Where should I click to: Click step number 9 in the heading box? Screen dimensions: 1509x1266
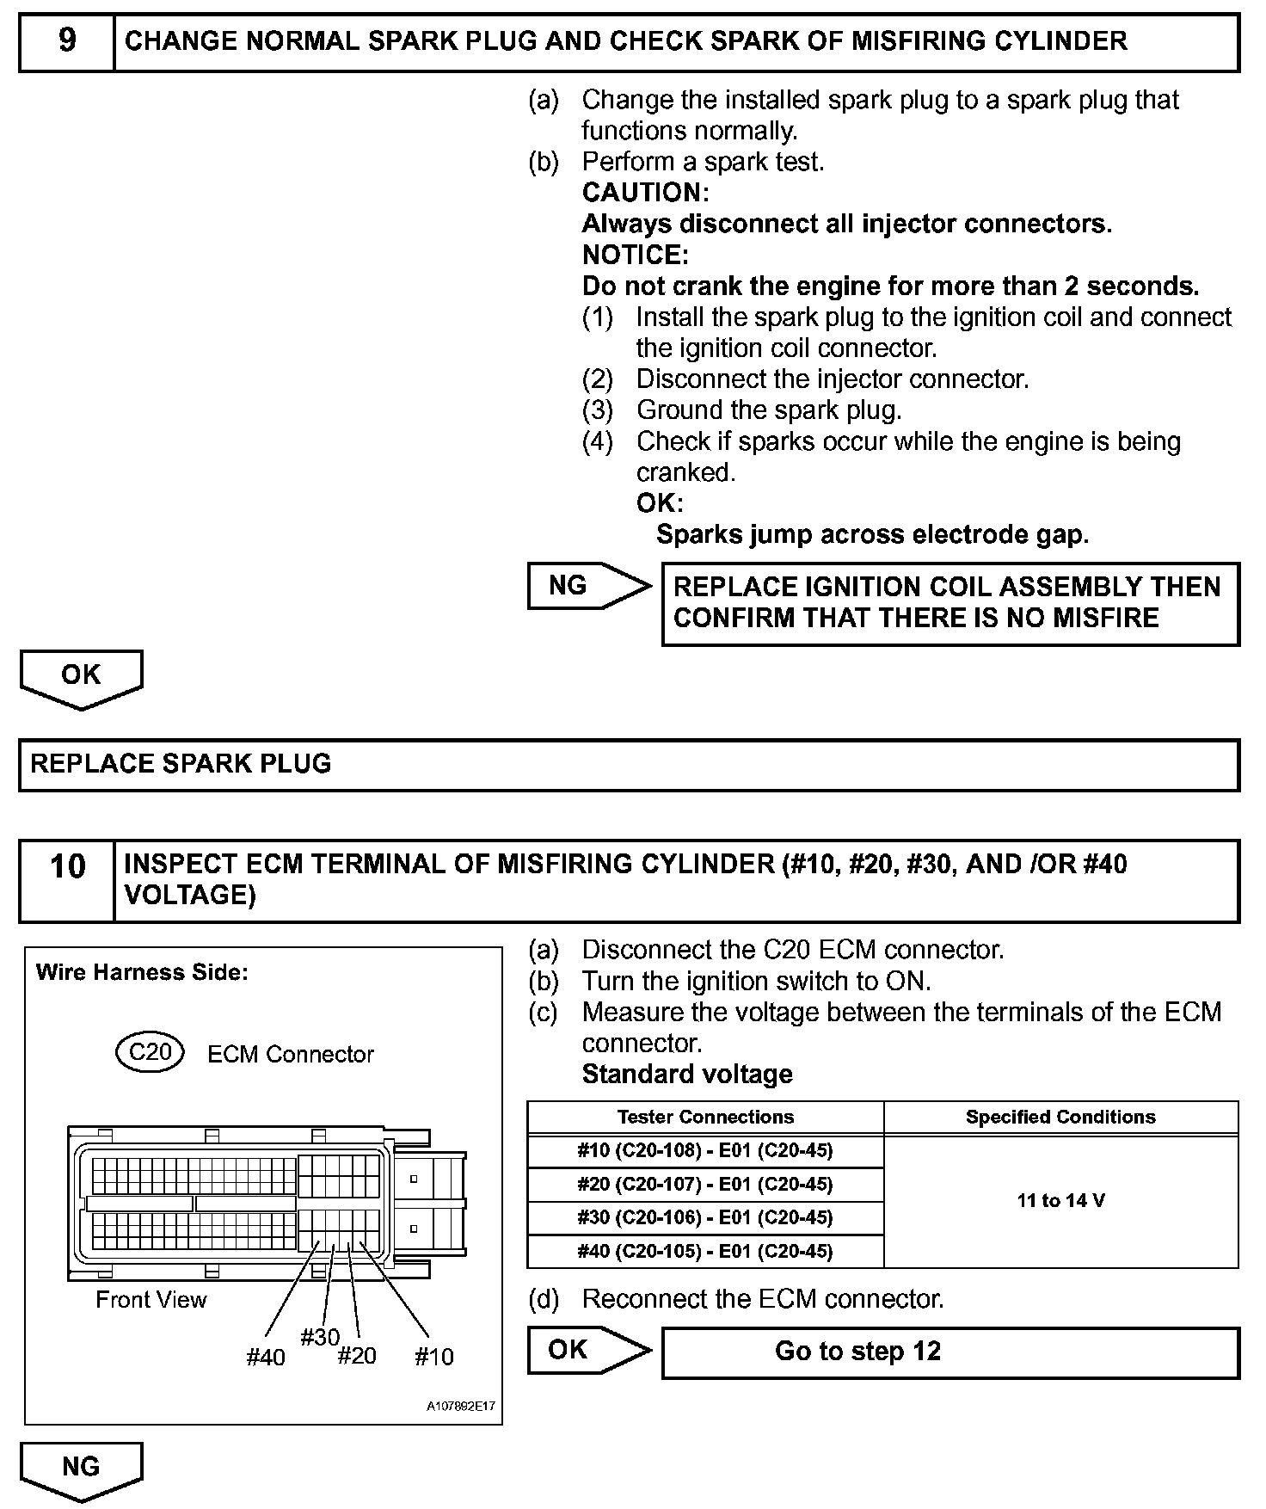pyautogui.click(x=67, y=41)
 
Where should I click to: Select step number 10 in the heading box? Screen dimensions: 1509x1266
pyautogui.click(x=67, y=866)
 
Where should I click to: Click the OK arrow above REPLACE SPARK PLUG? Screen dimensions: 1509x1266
pyautogui.click(x=81, y=676)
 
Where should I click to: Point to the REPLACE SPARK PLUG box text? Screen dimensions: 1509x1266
pyautogui.click(x=181, y=764)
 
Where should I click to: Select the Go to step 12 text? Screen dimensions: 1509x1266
pyautogui.click(x=857, y=1351)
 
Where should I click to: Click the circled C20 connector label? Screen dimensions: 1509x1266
pyautogui.click(x=150, y=1052)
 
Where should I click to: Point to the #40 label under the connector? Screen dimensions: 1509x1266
pyautogui.click(x=265, y=1358)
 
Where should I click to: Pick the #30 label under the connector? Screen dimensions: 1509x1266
pyautogui.click(x=320, y=1337)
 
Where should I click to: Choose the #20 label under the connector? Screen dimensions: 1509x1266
pyautogui.click(x=357, y=1357)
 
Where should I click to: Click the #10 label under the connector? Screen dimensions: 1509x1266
pyautogui.click(x=433, y=1358)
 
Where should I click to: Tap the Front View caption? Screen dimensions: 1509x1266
pyautogui.click(x=151, y=1299)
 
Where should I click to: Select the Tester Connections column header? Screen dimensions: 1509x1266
pyautogui.click(x=705, y=1117)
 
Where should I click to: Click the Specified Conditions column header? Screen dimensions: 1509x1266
pyautogui.click(x=1060, y=1117)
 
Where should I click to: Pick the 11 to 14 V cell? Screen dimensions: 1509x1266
pyautogui.click(x=1060, y=1201)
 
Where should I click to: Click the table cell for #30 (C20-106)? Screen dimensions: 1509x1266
pyautogui.click(x=705, y=1217)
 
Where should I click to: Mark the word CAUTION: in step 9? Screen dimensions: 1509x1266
pyautogui.click(x=645, y=193)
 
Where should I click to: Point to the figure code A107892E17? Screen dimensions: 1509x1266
pyautogui.click(x=462, y=1407)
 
